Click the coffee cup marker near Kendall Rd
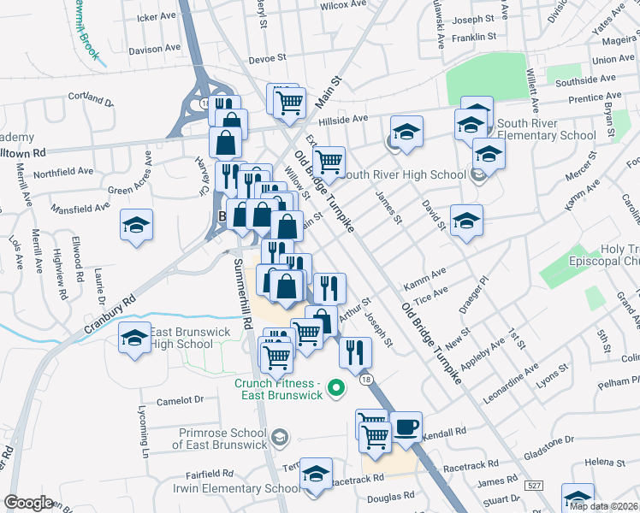click(406, 425)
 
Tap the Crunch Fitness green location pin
click(336, 390)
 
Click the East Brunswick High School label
click(181, 338)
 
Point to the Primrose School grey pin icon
click(277, 439)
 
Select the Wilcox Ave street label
click(343, 5)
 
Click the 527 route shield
click(534, 485)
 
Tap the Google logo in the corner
click(28, 503)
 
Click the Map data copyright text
click(603, 506)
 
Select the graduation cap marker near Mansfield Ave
click(136, 226)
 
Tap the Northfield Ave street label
click(63, 172)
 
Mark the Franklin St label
click(475, 37)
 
